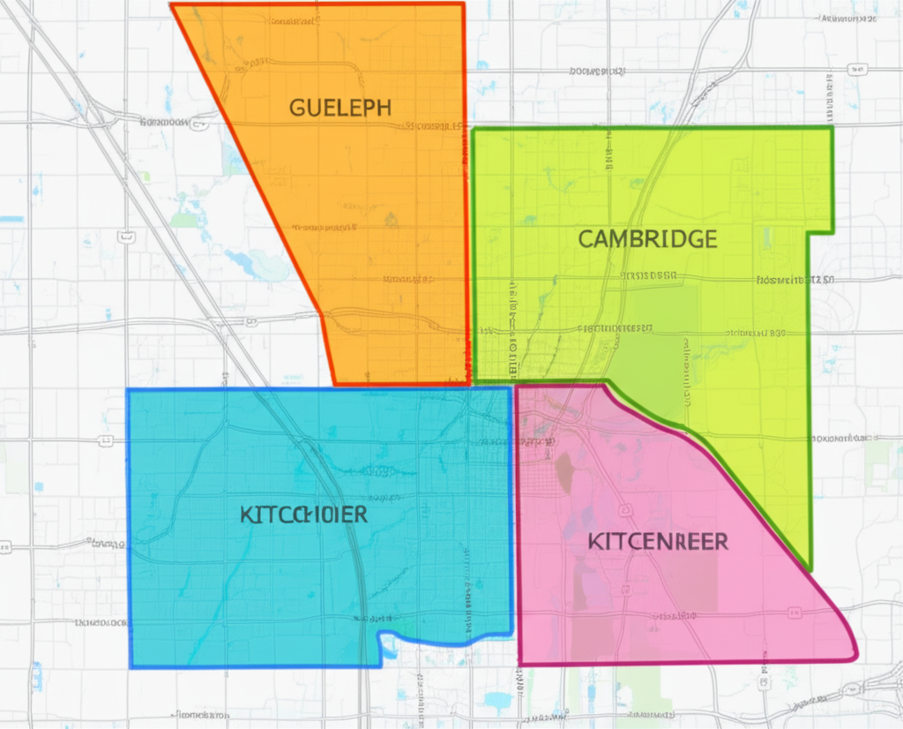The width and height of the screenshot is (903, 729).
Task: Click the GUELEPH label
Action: [340, 109]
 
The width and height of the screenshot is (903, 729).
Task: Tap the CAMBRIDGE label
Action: [647, 238]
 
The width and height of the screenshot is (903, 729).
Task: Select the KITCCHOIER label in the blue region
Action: [303, 515]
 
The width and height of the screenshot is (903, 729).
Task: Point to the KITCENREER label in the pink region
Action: [658, 541]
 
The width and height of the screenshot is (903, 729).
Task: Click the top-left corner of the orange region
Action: [172, 5]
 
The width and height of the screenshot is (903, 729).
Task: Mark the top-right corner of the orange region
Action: [464, 4]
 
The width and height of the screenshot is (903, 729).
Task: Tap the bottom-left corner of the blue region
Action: [131, 665]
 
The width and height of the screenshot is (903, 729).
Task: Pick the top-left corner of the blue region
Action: [129, 390]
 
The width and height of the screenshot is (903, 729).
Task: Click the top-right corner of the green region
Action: [832, 128]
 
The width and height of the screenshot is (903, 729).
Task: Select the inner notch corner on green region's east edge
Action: [810, 233]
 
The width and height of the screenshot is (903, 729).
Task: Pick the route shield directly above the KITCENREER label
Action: [625, 510]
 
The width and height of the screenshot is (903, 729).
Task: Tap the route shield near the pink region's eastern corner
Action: [795, 612]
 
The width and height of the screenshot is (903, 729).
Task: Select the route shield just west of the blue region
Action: [107, 440]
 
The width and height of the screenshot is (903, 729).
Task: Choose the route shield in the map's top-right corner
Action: [854, 69]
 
